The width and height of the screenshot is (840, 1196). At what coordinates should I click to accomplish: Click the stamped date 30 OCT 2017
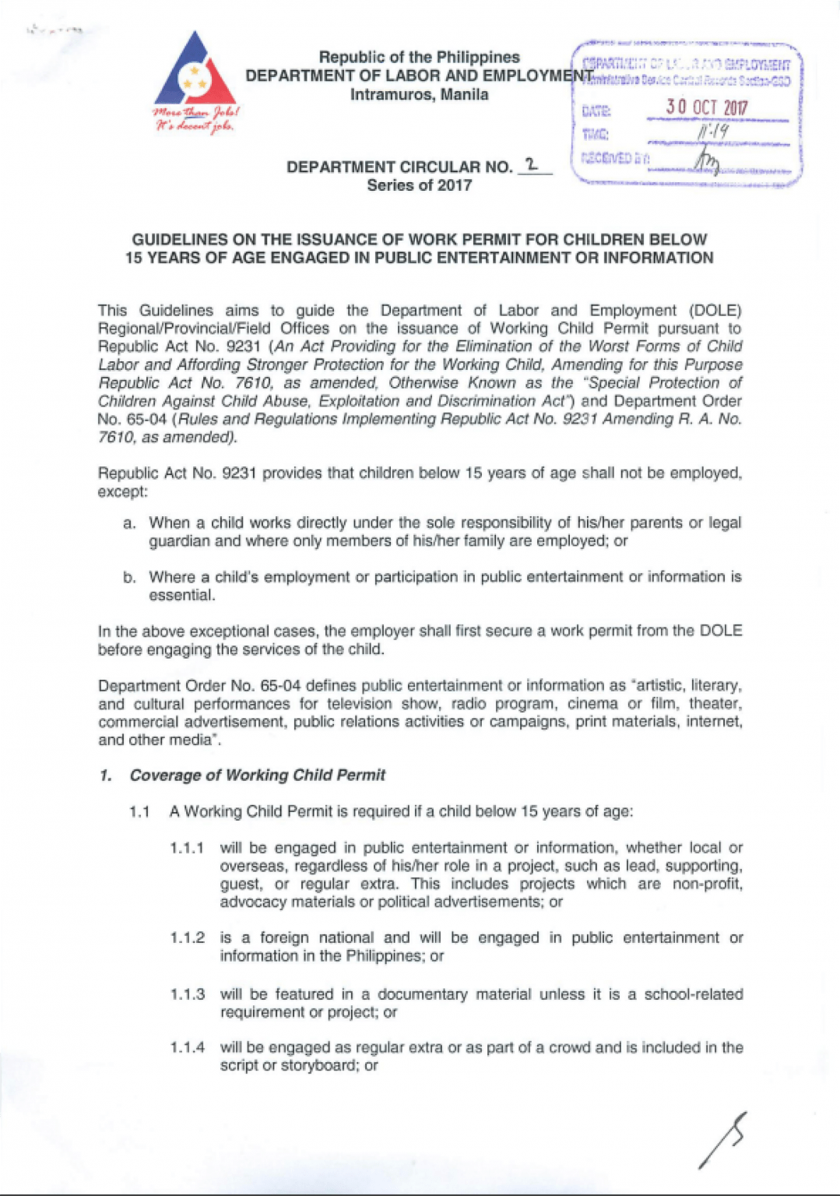coord(706,107)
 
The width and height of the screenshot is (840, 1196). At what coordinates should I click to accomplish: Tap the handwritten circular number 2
coord(532,164)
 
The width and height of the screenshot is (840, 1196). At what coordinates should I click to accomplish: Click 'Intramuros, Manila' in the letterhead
coord(419,95)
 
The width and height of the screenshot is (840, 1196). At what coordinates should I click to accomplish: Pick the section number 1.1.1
coord(187,848)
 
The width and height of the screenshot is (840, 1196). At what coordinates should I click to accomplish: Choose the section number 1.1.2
coord(187,938)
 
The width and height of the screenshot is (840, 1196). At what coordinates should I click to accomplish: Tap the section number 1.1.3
coord(187,995)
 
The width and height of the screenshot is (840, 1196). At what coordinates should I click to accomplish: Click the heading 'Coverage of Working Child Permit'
coord(257,776)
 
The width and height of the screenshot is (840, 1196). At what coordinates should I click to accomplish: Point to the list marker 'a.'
coord(129,523)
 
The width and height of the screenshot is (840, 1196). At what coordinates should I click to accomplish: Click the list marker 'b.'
coord(129,578)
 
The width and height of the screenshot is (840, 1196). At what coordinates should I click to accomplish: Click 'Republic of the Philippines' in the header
coord(419,58)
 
